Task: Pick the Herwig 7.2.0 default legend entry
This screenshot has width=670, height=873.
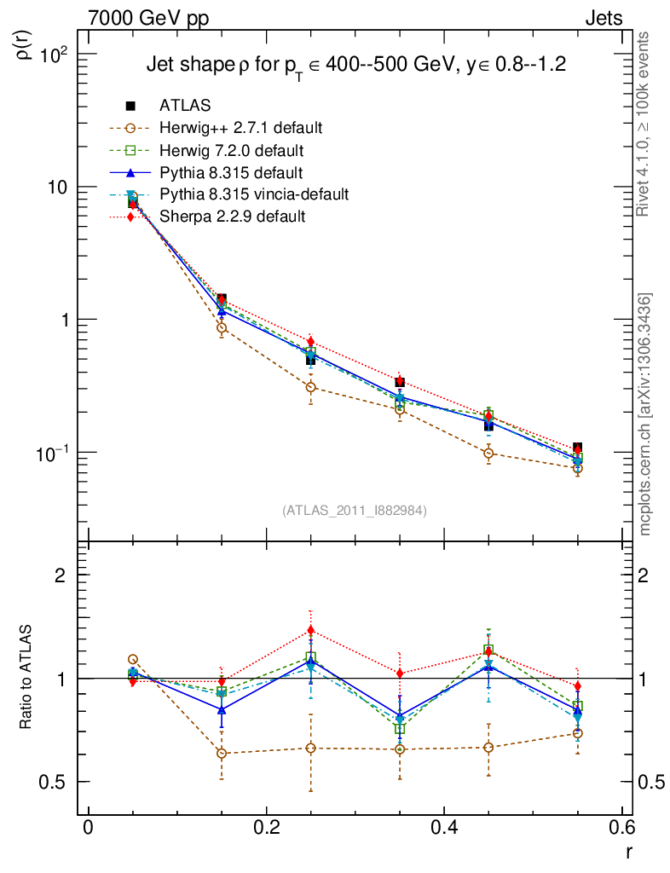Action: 232,150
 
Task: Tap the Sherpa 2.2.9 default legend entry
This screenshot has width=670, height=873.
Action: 232,217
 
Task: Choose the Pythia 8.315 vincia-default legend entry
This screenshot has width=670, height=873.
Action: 254,194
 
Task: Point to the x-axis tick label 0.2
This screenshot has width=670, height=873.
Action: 266,826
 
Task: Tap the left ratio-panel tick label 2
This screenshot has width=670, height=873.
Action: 61,575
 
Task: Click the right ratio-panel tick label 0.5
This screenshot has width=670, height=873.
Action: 651,782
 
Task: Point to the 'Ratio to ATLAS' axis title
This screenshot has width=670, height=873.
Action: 27,677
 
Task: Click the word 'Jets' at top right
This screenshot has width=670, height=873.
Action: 603,18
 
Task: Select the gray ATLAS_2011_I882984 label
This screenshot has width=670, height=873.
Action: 355,511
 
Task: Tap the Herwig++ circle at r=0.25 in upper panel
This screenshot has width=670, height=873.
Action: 310,387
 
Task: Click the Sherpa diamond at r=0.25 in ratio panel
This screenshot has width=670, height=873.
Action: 310,631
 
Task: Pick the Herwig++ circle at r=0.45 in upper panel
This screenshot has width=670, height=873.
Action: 488,453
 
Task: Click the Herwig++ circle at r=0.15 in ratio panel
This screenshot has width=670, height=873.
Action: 222,753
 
